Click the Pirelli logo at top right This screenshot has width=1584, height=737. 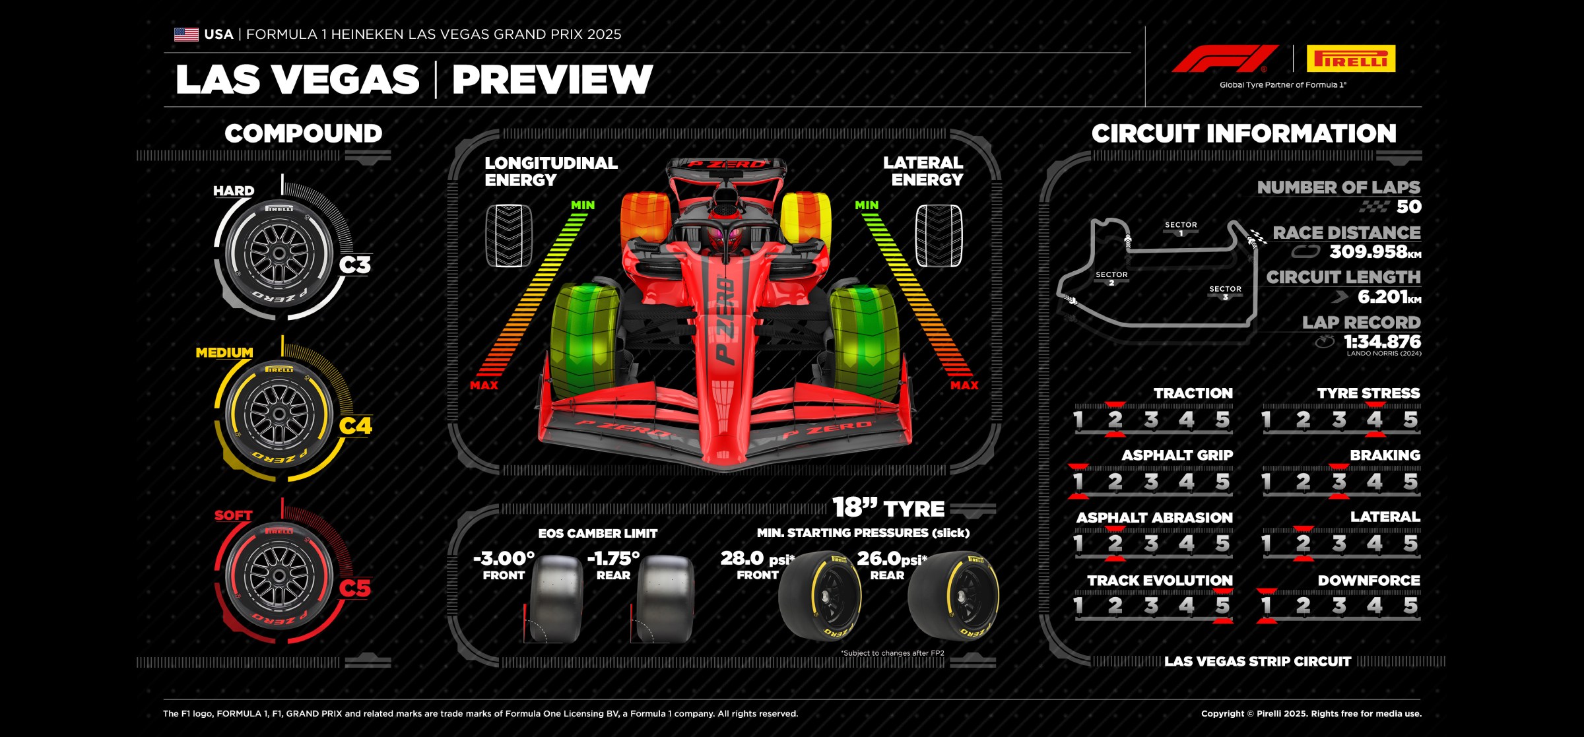[x=1350, y=59]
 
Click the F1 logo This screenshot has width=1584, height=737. [x=1225, y=59]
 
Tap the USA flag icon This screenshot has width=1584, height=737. [x=186, y=34]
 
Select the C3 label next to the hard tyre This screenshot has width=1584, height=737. [x=355, y=265]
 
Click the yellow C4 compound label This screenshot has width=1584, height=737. [x=355, y=426]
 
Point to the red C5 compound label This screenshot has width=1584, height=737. [x=355, y=588]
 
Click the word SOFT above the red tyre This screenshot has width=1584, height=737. [x=233, y=515]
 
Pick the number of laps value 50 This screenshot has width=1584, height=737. [x=1408, y=207]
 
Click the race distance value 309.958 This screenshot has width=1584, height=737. [x=1368, y=251]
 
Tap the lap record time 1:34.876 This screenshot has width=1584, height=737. [x=1382, y=341]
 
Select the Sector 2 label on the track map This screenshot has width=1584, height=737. [x=1111, y=278]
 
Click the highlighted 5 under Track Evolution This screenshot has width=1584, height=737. [x=1222, y=605]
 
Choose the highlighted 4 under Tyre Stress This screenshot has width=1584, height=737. [x=1375, y=419]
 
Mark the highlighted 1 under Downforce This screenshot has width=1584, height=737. [x=1266, y=605]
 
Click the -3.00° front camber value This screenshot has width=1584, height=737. [x=504, y=558]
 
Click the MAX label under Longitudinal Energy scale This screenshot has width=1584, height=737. [x=484, y=385]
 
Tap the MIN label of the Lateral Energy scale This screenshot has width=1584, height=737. [x=867, y=205]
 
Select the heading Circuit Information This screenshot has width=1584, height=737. [x=1243, y=133]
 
